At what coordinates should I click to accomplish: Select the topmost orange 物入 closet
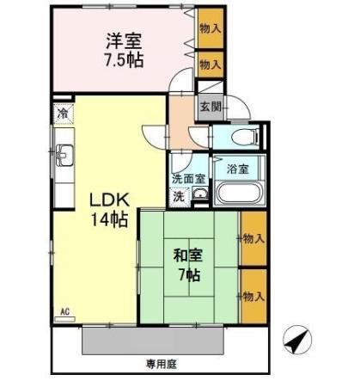point(210,28)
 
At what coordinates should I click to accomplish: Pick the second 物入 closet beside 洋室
point(210,64)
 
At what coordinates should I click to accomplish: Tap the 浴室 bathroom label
point(238,169)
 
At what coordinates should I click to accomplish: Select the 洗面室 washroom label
point(187,180)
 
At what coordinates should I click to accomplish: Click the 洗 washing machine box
point(179,196)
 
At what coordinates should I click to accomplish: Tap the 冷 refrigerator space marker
point(63,113)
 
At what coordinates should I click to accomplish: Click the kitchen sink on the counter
point(64,155)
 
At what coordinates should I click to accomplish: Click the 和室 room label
point(188,255)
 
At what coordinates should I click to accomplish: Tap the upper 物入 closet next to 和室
point(252,237)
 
